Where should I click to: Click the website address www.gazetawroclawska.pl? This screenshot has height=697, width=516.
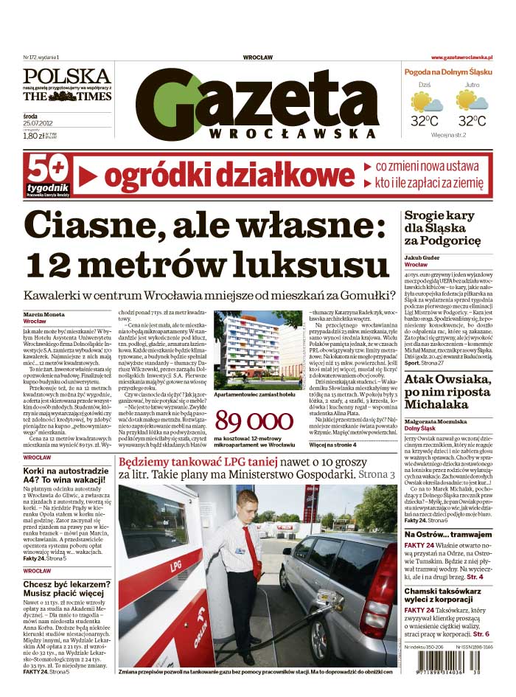[x=461, y=58]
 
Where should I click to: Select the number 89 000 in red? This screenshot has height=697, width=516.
[x=254, y=423]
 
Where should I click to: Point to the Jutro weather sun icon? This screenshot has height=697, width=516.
[x=471, y=101]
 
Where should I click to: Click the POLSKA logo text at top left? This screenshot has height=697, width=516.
[x=66, y=75]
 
